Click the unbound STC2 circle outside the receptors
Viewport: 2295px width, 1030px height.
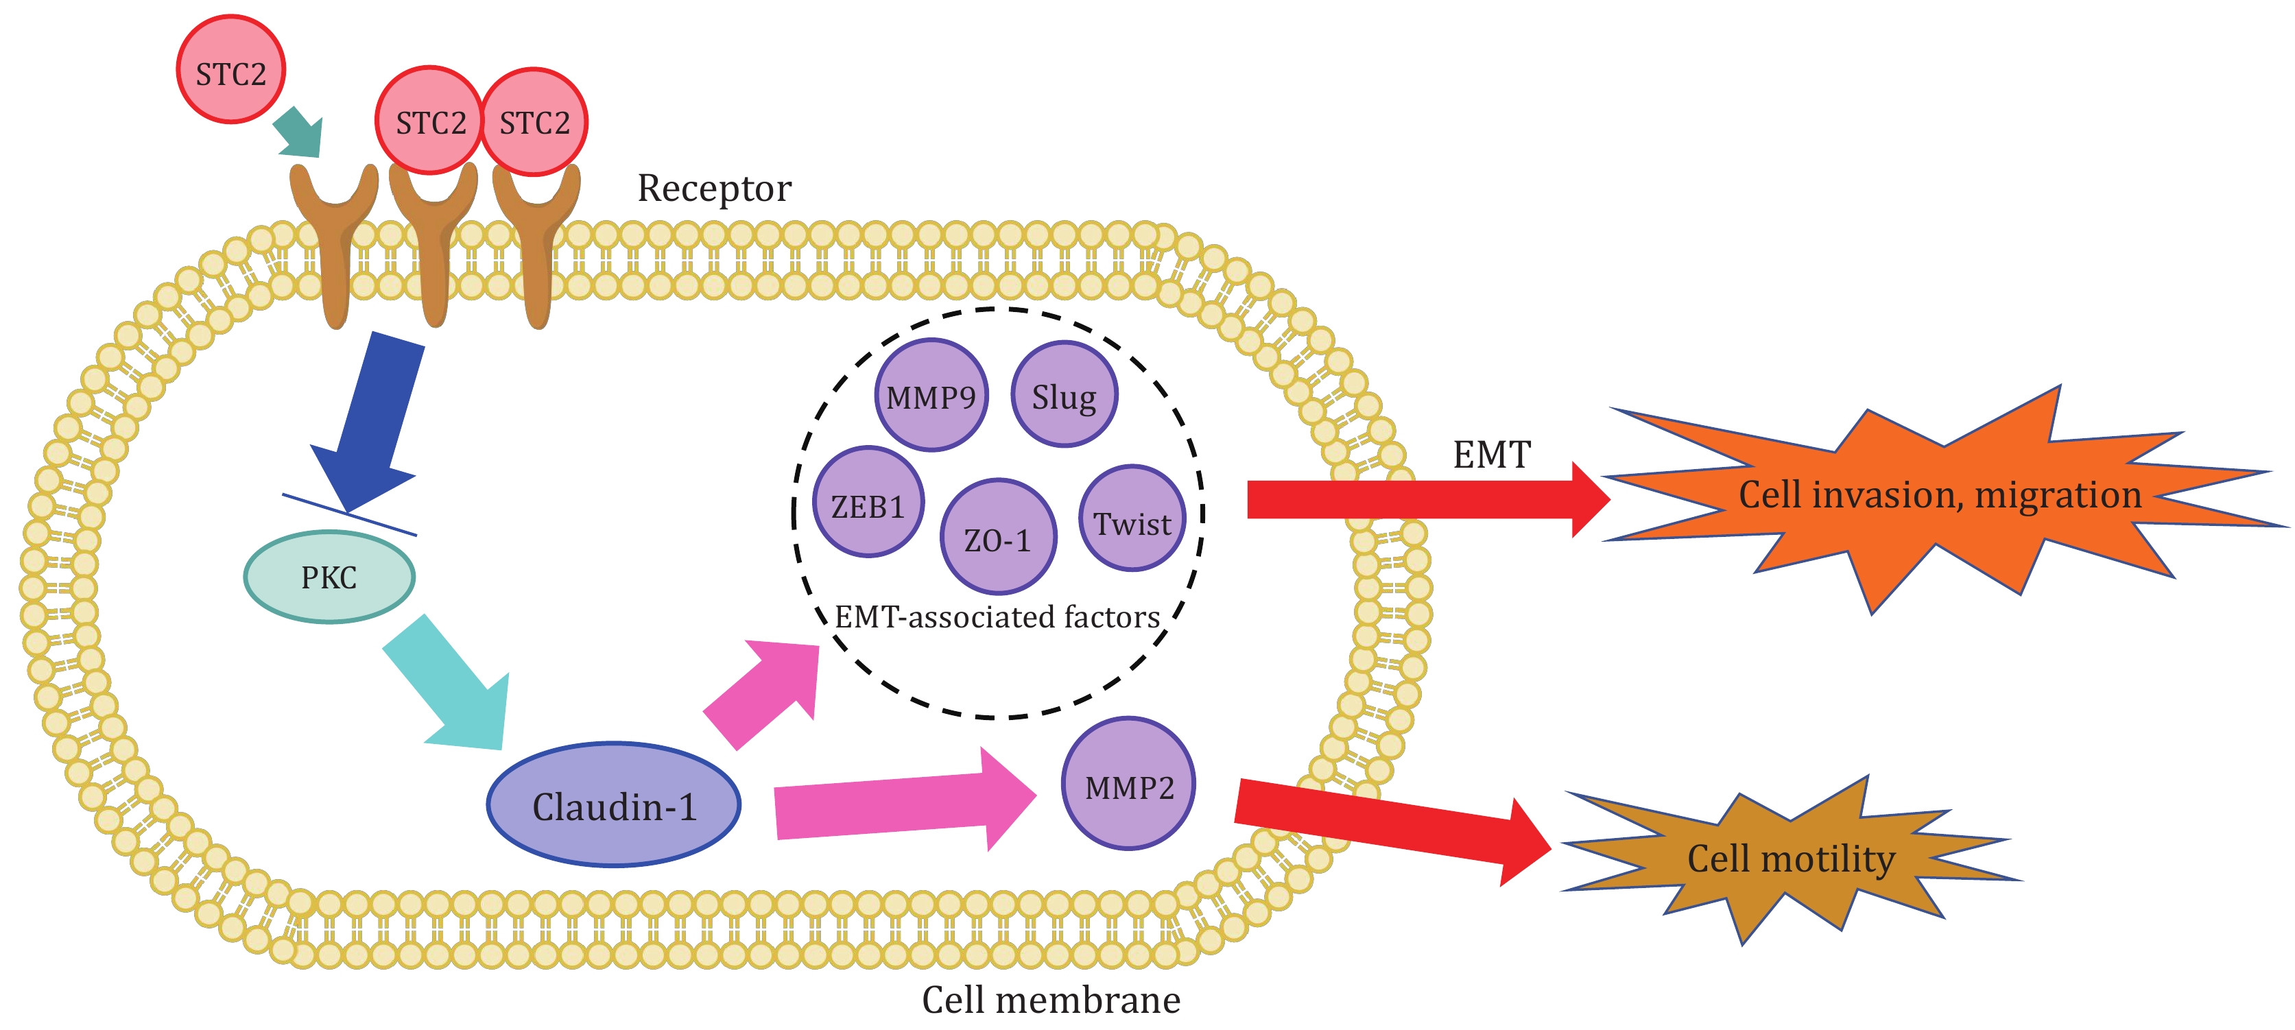coord(230,69)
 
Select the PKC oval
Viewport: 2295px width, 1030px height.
coord(329,577)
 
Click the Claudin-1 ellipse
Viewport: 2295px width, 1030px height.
coord(614,804)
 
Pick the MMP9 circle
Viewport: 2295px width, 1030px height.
coord(931,396)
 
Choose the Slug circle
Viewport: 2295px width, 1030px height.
coord(1064,395)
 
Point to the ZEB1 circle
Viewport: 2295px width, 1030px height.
coord(868,503)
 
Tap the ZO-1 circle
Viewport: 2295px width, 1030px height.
coord(998,537)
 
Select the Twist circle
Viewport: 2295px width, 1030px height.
coord(1132,519)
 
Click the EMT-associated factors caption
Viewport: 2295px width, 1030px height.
coord(997,616)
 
